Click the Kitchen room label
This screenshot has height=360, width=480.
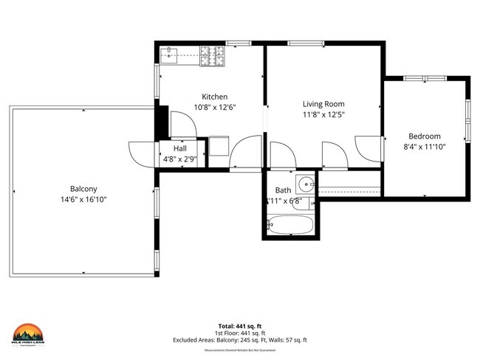[215, 97]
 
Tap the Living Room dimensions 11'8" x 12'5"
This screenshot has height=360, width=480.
[323, 114]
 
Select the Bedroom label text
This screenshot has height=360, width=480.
[425, 136]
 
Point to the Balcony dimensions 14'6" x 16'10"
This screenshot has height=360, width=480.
[84, 199]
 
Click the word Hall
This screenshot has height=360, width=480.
[179, 148]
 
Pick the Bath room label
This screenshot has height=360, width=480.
[283, 190]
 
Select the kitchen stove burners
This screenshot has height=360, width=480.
[213, 54]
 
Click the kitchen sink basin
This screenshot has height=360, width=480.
[170, 54]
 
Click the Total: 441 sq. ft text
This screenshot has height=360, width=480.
[241, 325]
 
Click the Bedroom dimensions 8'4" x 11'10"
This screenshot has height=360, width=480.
[425, 146]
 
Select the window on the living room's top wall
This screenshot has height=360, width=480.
[299, 44]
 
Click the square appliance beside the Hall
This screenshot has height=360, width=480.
[219, 145]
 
